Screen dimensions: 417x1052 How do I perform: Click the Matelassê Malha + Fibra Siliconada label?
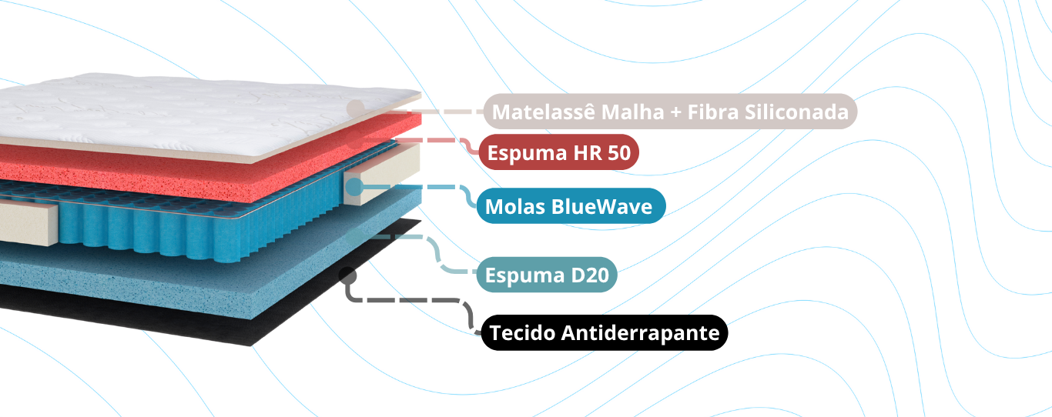point(670,112)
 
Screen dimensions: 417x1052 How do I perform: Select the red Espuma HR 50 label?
point(558,153)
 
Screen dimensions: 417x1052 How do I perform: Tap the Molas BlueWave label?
point(570,206)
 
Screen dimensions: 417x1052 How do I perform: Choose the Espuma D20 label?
point(547,275)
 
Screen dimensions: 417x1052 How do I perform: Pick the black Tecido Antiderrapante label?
point(605,333)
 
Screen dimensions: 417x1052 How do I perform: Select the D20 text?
point(589,275)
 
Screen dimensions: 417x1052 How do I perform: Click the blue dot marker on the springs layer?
point(353,186)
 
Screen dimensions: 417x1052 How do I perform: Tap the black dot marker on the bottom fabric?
point(347,275)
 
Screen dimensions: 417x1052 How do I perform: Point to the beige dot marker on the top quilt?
point(355,108)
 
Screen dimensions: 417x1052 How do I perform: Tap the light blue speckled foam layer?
point(193,277)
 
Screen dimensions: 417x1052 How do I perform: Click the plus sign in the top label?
point(675,112)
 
